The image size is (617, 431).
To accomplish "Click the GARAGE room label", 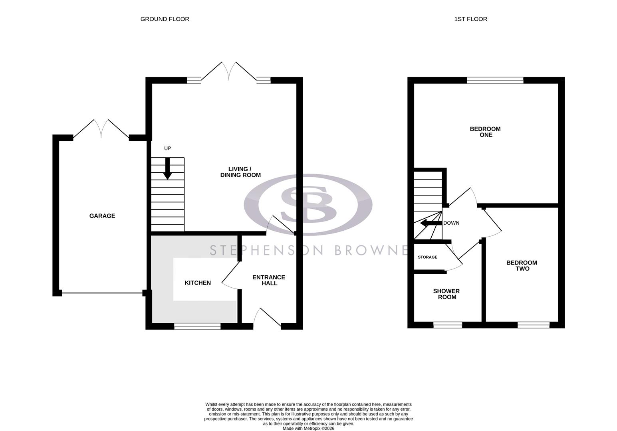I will click(x=102, y=216).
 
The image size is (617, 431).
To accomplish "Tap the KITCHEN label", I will click(x=198, y=283).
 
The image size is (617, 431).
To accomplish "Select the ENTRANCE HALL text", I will click(x=269, y=280).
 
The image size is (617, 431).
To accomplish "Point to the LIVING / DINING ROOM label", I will click(x=240, y=172).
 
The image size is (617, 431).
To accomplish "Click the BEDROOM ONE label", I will click(x=485, y=132).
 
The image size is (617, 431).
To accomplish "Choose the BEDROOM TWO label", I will click(x=522, y=266).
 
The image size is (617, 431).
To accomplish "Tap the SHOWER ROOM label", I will click(x=446, y=294).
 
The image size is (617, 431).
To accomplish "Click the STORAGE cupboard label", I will click(x=427, y=257).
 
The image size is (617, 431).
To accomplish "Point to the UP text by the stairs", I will click(x=167, y=148).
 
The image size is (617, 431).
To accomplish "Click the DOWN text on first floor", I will click(x=451, y=223).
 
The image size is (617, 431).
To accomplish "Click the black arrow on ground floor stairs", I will click(x=168, y=168).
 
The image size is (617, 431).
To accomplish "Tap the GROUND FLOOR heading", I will click(x=165, y=19).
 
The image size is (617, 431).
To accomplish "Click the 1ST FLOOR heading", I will click(x=470, y=19).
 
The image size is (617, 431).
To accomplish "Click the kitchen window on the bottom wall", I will click(x=197, y=326).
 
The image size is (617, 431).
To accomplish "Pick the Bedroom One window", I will click(x=495, y=80).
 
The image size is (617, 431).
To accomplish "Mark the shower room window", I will click(x=448, y=325).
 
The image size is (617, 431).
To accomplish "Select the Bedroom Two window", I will click(x=534, y=325).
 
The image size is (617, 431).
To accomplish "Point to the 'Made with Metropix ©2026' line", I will click(x=308, y=429).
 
